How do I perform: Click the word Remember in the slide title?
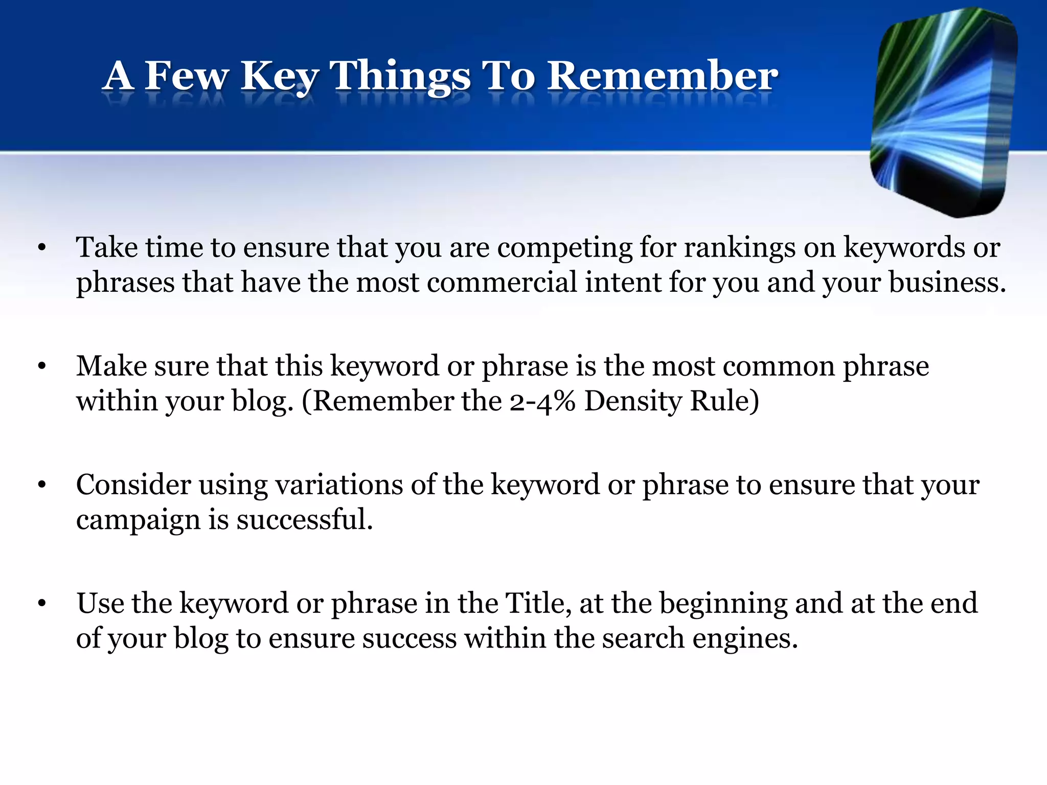[x=663, y=77]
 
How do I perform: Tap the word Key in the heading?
[x=280, y=77]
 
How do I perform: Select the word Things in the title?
[x=400, y=77]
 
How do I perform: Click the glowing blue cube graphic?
[x=943, y=112]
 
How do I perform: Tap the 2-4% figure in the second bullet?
[x=542, y=401]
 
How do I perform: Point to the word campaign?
[x=138, y=520]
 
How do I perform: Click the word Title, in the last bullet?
[x=538, y=603]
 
